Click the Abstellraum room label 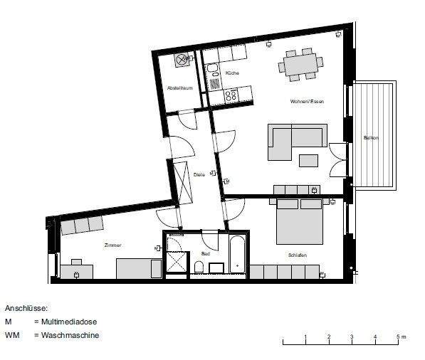(179, 88)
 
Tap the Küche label (232, 73)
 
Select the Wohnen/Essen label (307, 102)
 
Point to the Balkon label (370, 137)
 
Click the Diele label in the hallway (200, 174)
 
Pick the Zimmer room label (112, 245)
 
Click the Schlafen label (298, 254)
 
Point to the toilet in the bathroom (199, 267)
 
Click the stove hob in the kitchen (231, 93)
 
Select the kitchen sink (212, 73)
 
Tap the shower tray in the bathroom (175, 262)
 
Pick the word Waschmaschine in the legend (70, 334)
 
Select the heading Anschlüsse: (26, 309)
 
